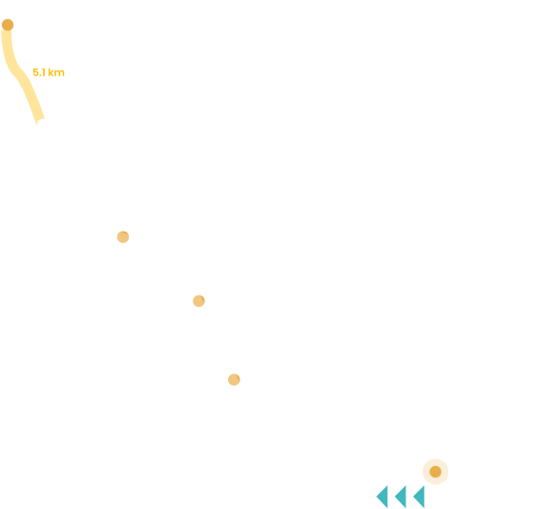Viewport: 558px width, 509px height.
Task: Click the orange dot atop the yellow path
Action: [x=8, y=25]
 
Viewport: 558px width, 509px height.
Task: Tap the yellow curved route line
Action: [x=18, y=71]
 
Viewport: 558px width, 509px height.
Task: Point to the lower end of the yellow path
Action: [x=41, y=122]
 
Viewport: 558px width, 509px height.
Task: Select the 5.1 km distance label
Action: [x=49, y=72]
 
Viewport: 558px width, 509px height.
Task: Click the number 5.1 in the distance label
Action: [x=39, y=72]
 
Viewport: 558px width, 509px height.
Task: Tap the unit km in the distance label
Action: [x=56, y=72]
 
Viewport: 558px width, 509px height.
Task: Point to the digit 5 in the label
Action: [x=35, y=72]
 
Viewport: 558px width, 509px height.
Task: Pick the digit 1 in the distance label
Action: [x=44, y=72]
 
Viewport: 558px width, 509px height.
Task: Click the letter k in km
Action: [x=51, y=72]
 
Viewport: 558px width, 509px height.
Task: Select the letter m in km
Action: [x=59, y=73]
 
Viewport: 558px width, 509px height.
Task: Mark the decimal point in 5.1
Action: [x=39, y=75]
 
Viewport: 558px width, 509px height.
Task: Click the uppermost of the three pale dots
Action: [x=123, y=237]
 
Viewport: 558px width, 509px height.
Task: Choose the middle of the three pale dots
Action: [x=199, y=301]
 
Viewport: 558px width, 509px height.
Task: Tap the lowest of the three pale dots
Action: [x=234, y=379]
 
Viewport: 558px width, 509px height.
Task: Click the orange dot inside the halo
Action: [x=436, y=472]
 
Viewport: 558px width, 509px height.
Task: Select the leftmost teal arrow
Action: [x=383, y=497]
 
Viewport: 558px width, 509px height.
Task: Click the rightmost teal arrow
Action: [x=421, y=497]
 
